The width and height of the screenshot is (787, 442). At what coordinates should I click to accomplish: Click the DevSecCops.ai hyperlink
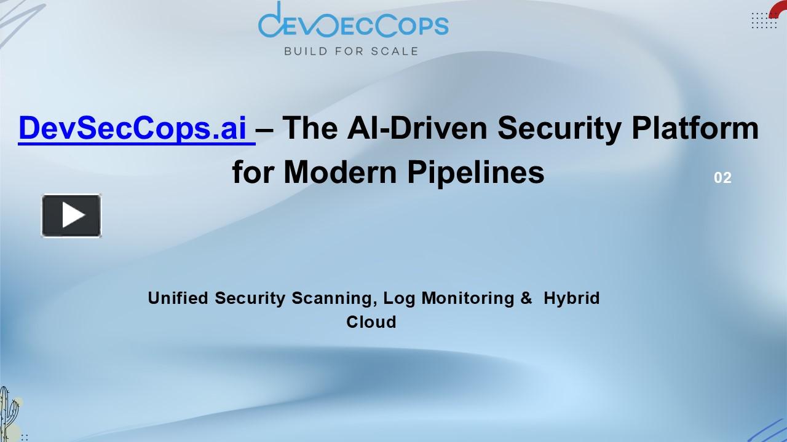tap(136, 128)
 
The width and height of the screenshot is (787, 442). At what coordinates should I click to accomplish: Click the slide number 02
tap(722, 178)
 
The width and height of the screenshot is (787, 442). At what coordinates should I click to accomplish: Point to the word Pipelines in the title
tap(476, 173)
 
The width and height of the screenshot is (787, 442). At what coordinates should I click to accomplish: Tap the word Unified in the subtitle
tap(178, 298)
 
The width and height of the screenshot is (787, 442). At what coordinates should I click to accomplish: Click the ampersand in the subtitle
tap(526, 298)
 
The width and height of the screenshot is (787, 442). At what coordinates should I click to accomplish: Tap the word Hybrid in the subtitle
tap(572, 298)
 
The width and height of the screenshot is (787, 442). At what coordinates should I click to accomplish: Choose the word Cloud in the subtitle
tap(371, 322)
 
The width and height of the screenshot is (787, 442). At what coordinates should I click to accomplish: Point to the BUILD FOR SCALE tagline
tap(350, 51)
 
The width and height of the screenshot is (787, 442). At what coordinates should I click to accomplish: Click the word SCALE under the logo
tap(394, 51)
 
